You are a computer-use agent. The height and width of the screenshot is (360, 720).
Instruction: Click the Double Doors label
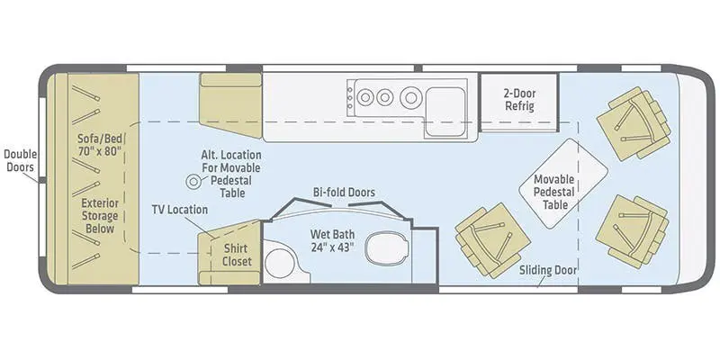(20, 161)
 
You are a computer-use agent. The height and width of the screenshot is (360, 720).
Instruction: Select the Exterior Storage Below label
(103, 215)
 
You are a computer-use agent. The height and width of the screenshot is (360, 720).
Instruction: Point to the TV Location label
(179, 210)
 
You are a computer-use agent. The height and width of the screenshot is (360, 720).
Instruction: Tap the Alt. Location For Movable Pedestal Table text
(232, 174)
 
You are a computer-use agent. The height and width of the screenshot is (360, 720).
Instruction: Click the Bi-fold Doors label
(344, 192)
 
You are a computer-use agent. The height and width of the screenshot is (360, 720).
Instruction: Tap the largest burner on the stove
(411, 94)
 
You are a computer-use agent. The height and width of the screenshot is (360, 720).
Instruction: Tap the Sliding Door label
(548, 269)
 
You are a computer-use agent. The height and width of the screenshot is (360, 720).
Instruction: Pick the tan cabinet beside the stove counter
(229, 106)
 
